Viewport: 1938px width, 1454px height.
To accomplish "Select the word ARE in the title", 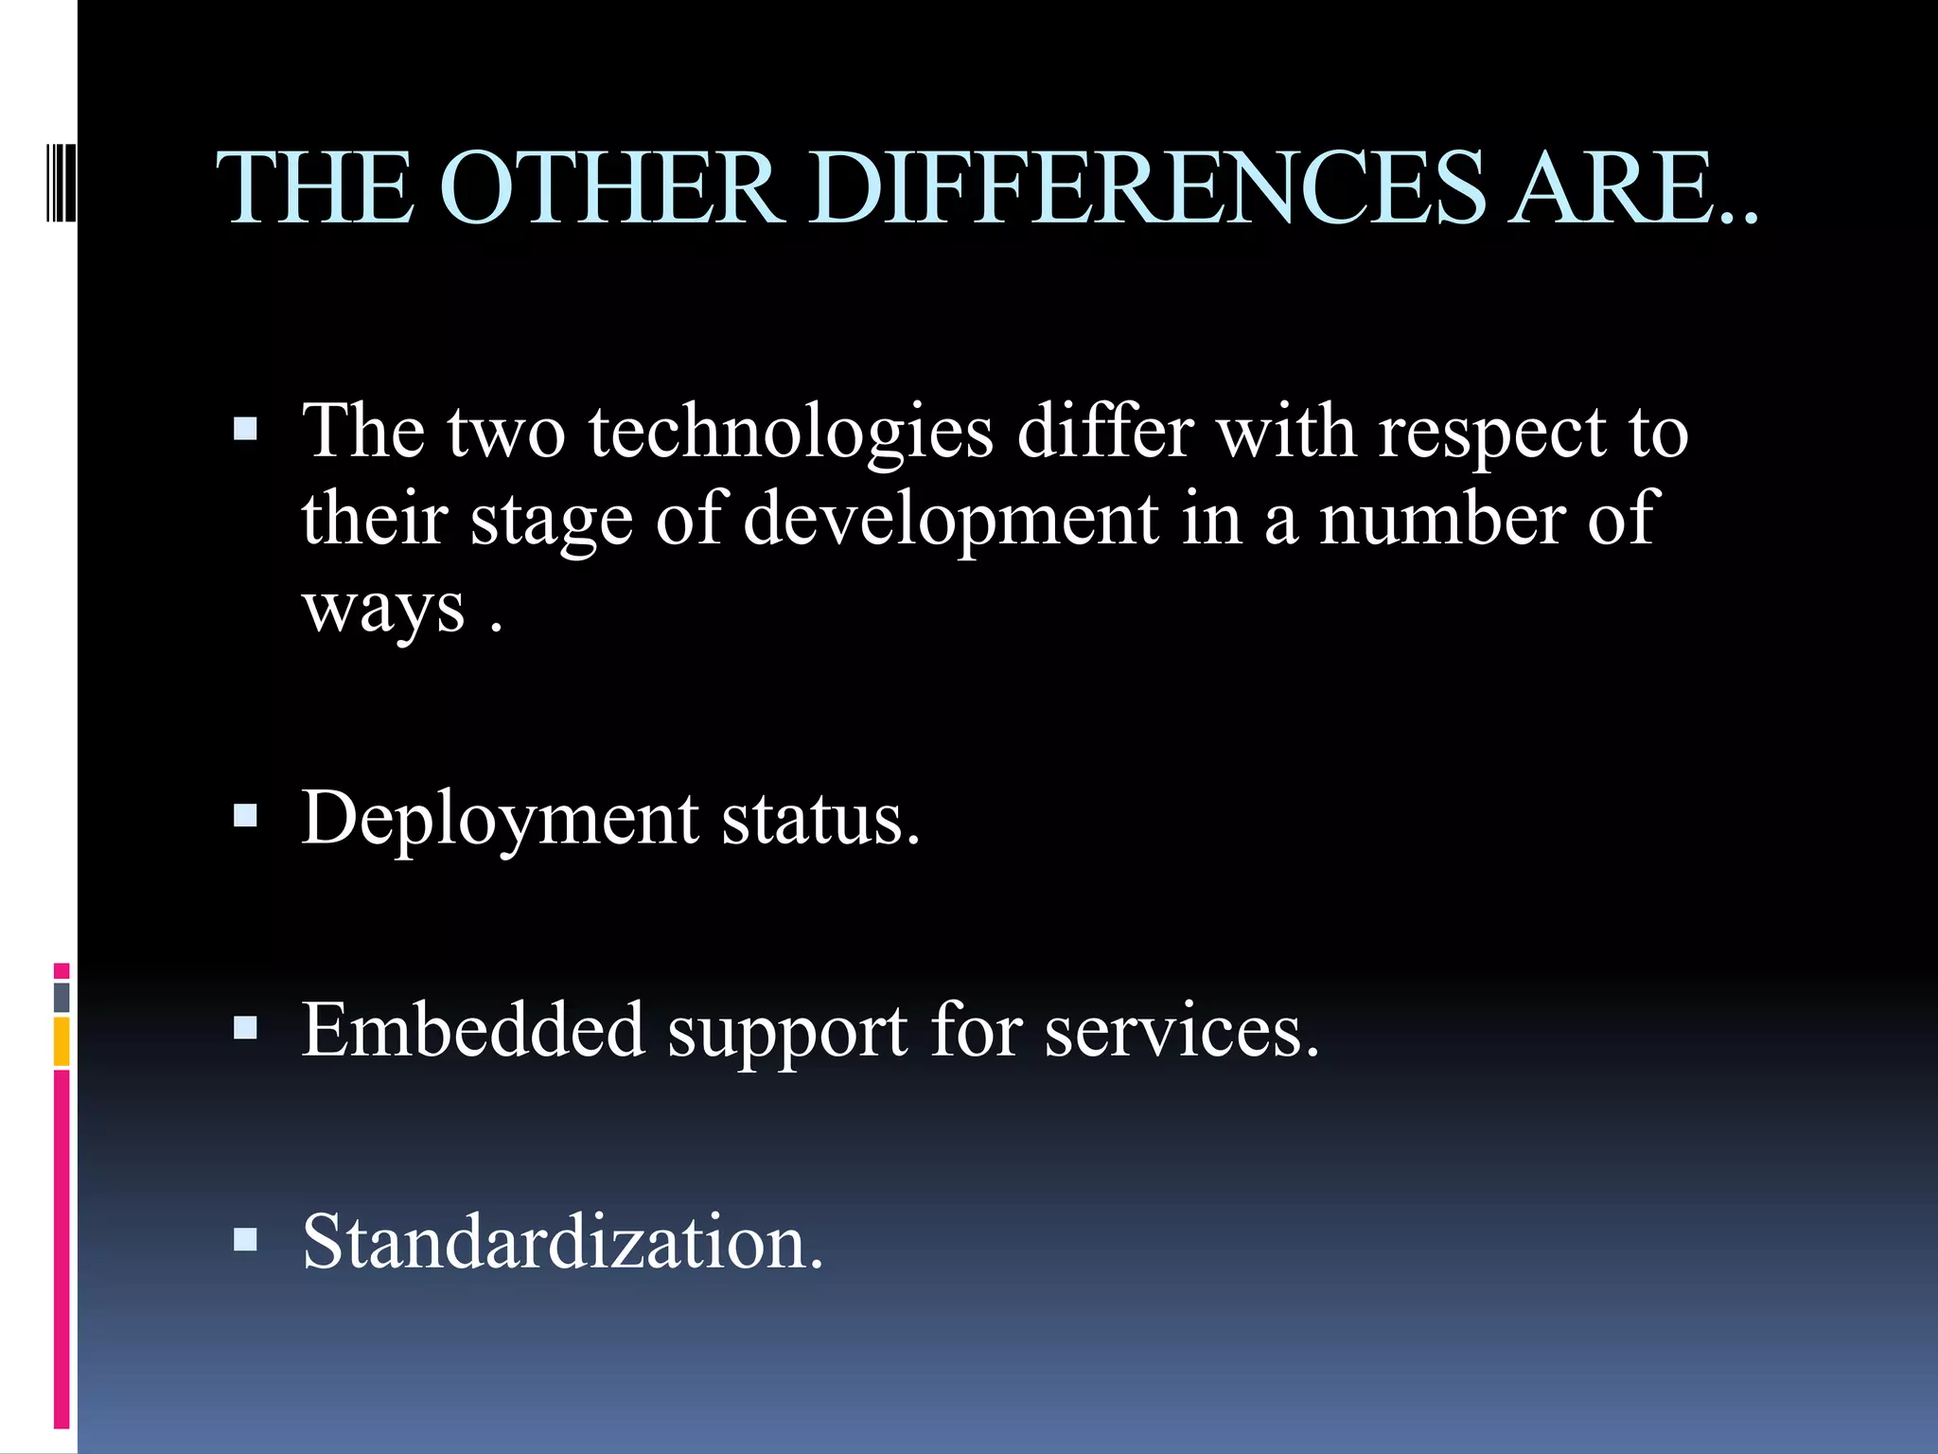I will point(1617,188).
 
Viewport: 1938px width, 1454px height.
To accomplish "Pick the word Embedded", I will point(473,1030).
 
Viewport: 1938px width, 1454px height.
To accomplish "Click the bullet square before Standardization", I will point(245,1239).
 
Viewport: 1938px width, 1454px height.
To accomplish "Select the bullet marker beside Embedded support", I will point(245,1027).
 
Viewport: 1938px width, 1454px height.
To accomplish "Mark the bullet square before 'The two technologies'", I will point(245,430).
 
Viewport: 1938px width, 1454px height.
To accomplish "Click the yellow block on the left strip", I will point(62,1041).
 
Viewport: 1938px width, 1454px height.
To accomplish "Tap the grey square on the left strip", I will point(62,997).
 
